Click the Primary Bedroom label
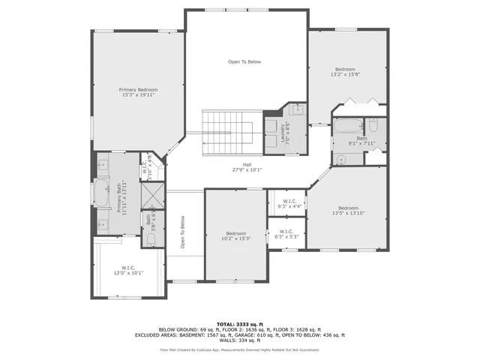[x=138, y=92]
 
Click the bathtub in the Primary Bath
[x=101, y=192]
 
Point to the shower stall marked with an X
[x=152, y=195]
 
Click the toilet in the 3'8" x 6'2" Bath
[x=151, y=238]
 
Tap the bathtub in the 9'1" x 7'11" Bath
[x=347, y=125]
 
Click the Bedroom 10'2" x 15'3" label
[x=236, y=235]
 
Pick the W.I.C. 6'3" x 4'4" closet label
[x=289, y=203]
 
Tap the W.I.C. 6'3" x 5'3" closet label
[x=287, y=234]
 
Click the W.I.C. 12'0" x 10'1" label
[x=127, y=270]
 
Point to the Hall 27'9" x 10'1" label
[x=247, y=167]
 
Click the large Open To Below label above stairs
[x=244, y=61]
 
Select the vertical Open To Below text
[x=182, y=232]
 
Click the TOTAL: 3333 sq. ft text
[x=239, y=323]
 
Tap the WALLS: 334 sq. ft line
[x=239, y=340]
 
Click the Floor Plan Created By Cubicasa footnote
[x=239, y=349]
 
